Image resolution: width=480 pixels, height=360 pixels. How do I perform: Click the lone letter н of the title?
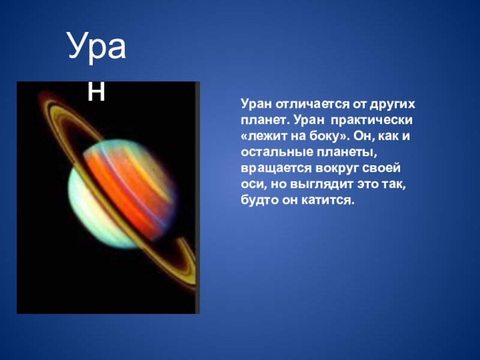coord(96,91)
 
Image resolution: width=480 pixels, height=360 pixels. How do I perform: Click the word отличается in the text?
coord(312,104)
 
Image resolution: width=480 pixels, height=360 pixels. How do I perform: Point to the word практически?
coord(371,121)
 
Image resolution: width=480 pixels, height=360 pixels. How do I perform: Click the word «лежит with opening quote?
coord(264,136)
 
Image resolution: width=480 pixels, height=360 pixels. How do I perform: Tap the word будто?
coord(259,200)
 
